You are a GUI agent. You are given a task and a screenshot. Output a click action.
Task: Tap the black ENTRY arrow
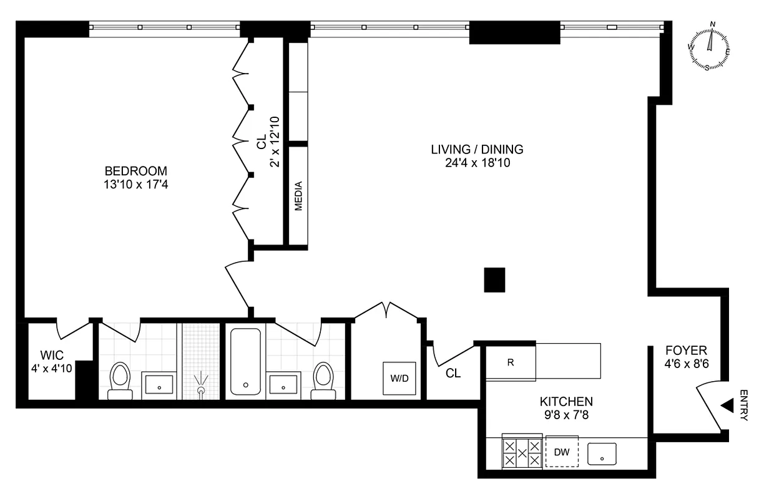point(727,406)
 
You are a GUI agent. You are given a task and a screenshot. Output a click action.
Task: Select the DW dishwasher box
point(562,452)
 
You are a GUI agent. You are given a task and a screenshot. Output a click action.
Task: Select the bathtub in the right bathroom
point(244,362)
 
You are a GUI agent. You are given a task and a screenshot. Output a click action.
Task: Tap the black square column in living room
point(494,280)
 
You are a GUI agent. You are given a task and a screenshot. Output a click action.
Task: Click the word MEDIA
point(298,195)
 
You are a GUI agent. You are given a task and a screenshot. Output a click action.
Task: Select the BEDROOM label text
point(136,171)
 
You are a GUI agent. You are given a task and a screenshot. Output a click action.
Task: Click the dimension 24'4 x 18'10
point(477,163)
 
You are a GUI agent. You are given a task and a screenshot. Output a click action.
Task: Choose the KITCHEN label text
point(566,402)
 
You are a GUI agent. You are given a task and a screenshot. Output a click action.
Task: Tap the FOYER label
point(686,351)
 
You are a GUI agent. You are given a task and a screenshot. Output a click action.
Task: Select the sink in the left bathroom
point(160,385)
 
